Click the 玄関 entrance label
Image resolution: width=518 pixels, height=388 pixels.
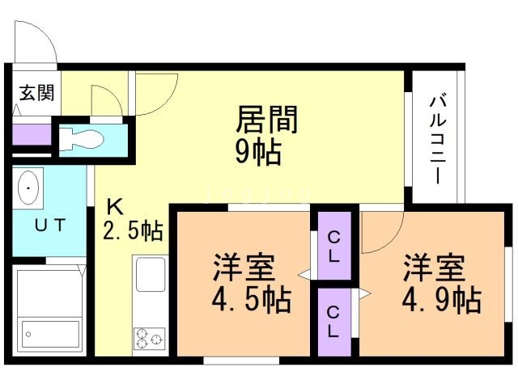(x=36, y=94)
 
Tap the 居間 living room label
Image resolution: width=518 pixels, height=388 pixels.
(x=266, y=120)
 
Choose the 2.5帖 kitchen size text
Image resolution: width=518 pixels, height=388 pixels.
(x=133, y=232)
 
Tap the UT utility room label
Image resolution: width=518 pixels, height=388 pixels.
(x=49, y=224)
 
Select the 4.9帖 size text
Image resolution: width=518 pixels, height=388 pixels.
(x=441, y=301)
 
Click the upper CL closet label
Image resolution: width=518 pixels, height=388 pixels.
(x=334, y=245)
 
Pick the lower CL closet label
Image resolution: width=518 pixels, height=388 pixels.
(x=334, y=320)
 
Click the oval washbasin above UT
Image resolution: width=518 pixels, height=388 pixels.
(x=30, y=189)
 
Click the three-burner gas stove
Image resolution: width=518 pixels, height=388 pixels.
(x=150, y=338)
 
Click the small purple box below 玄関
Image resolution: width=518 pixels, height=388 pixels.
(x=31, y=133)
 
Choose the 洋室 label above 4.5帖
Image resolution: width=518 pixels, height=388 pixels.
(x=243, y=268)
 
